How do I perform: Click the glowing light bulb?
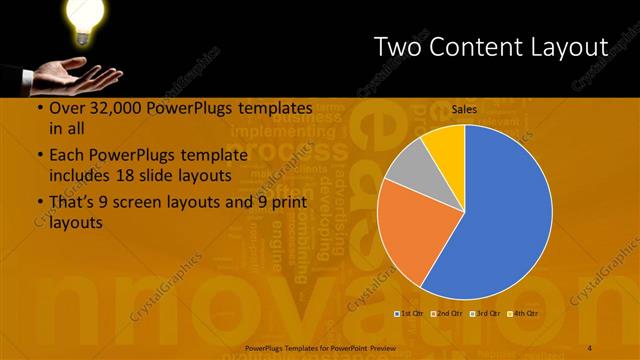pyautogui.click(x=85, y=17)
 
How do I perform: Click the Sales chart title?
pyautogui.click(x=463, y=110)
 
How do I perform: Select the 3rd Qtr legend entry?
pyautogui.click(x=485, y=313)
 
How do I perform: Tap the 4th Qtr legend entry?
pyautogui.click(x=523, y=313)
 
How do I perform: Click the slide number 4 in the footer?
pyautogui.click(x=590, y=347)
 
